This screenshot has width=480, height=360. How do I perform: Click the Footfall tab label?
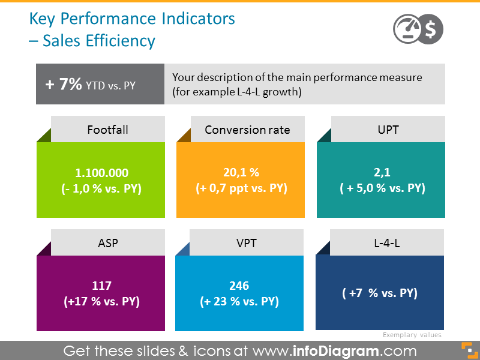(107, 130)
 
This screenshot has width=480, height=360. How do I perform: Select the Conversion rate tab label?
(247, 130)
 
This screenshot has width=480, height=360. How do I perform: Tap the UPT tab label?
(387, 130)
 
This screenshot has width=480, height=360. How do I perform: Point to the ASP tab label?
(107, 244)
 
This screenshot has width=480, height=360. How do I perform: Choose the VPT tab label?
(247, 244)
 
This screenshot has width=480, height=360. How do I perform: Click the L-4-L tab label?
(387, 244)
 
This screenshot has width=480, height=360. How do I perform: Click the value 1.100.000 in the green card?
(101, 173)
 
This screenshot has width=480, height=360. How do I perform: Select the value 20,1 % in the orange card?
(241, 173)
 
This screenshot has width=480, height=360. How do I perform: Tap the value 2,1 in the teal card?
(382, 173)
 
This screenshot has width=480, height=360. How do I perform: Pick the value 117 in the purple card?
(101, 286)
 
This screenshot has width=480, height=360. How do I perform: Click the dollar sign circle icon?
(430, 28)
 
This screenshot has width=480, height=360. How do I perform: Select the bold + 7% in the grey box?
(64, 85)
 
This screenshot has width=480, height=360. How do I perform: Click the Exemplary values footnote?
(412, 335)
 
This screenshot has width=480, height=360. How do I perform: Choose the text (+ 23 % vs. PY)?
(239, 301)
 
